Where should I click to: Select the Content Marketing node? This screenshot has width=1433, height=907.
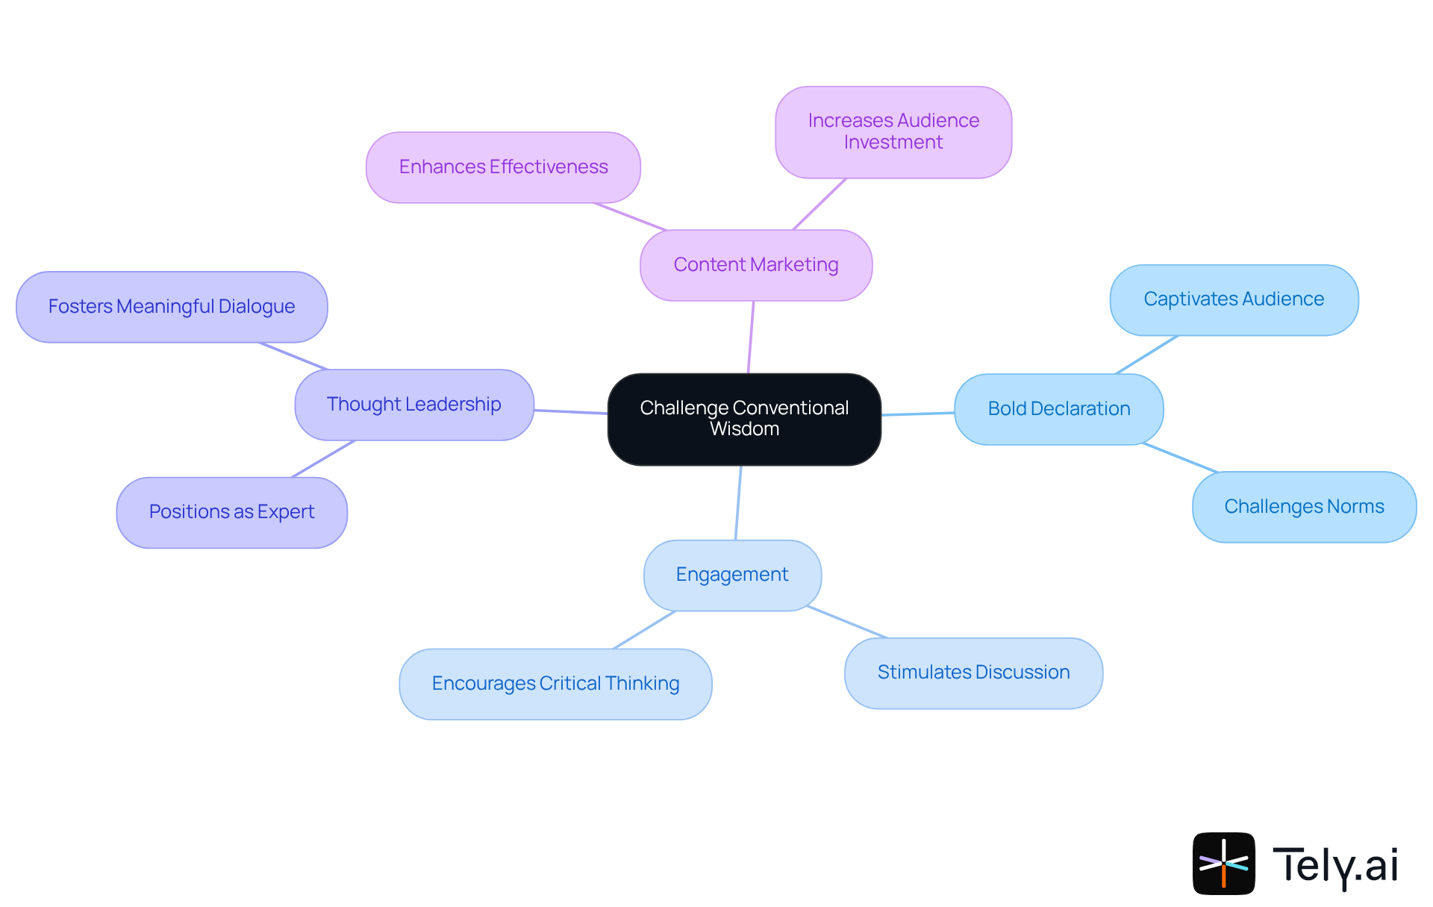click(x=755, y=265)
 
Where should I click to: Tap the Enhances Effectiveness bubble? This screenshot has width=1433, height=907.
click(x=503, y=167)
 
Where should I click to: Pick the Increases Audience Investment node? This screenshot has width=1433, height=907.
click(x=893, y=132)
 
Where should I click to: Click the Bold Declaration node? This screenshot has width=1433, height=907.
click(x=1058, y=409)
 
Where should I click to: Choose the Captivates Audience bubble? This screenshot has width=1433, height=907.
click(x=1233, y=299)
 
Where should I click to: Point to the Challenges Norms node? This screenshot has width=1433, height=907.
click(x=1303, y=507)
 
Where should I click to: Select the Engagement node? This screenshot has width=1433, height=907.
click(x=731, y=575)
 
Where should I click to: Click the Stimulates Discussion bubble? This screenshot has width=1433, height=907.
click(x=972, y=673)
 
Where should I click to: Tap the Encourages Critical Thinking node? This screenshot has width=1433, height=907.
click(x=555, y=684)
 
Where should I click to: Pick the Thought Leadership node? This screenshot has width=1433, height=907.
click(x=413, y=405)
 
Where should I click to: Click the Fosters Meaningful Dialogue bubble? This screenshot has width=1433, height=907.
click(x=172, y=307)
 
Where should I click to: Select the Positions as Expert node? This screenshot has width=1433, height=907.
click(x=231, y=512)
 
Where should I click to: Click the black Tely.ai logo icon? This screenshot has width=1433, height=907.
click(x=1223, y=864)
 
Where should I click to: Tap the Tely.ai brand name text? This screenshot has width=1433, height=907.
click(x=1334, y=865)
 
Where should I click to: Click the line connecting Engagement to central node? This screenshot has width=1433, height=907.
click(x=738, y=502)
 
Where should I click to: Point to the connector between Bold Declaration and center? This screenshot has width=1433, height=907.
click(x=918, y=414)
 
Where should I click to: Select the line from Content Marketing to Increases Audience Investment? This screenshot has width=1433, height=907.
click(x=819, y=204)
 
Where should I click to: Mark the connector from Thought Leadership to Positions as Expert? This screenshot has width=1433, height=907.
click(x=323, y=458)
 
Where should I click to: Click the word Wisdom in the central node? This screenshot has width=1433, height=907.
click(x=744, y=429)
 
